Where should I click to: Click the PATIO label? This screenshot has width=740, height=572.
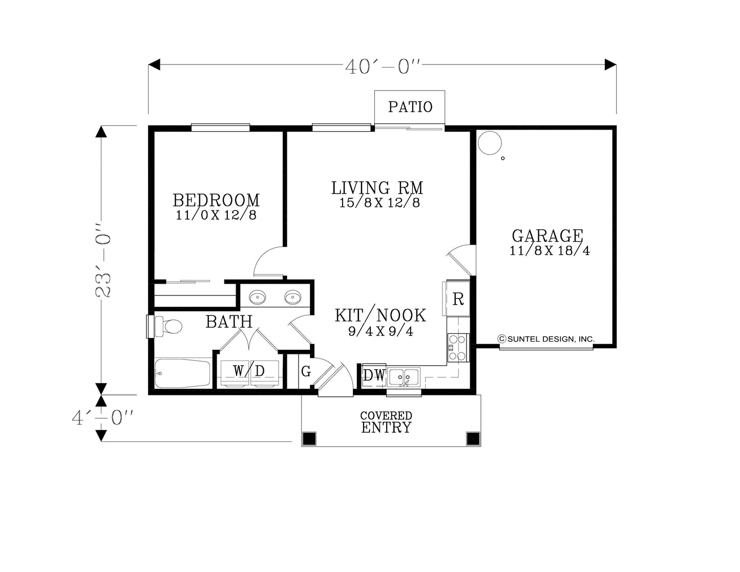click(410, 107)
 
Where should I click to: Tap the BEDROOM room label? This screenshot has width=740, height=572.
click(216, 200)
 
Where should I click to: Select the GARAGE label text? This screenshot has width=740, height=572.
click(547, 236)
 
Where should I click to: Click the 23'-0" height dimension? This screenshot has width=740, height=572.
click(103, 261)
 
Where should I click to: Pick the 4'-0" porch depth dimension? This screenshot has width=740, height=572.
click(102, 418)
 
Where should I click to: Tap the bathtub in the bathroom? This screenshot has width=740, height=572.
click(182, 373)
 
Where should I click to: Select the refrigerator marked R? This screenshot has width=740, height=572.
click(458, 299)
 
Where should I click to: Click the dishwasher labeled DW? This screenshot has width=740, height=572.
click(374, 375)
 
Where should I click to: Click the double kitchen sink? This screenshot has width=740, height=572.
click(404, 377)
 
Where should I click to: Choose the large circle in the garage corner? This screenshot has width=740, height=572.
click(490, 143)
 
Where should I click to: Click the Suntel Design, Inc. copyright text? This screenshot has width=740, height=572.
click(546, 339)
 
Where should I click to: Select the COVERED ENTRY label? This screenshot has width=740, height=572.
click(386, 422)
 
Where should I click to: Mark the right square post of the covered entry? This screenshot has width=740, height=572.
click(473, 439)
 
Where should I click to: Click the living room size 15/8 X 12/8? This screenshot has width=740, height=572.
click(379, 203)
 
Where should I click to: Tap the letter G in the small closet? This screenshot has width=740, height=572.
click(306, 371)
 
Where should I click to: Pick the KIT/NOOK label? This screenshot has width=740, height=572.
click(380, 315)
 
